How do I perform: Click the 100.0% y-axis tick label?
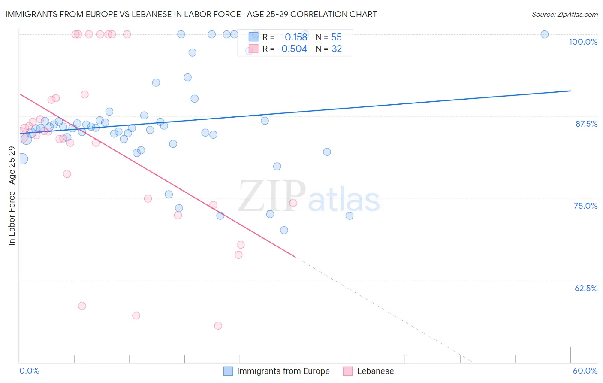pos(583,42)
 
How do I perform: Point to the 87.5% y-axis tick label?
pos(586,124)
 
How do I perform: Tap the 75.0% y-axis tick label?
pos(585,206)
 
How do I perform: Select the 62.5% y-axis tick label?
pos(586,288)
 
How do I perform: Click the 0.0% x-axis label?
pos(29,371)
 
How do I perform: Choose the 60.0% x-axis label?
pos(585,371)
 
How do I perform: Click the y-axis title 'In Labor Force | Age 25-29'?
pos(12,196)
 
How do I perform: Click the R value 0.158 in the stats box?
pos(296,37)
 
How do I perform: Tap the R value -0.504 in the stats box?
pos(292,49)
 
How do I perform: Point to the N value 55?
pos(336,37)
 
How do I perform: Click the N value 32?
pos(337,49)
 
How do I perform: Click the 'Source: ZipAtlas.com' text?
pos(564,14)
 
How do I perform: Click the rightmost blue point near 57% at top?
pos(544,34)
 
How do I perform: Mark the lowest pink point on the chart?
pos(218,326)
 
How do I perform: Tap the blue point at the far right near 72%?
pos(350,216)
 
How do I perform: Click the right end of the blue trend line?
pos(570,91)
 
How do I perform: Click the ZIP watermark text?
pos(272,196)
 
